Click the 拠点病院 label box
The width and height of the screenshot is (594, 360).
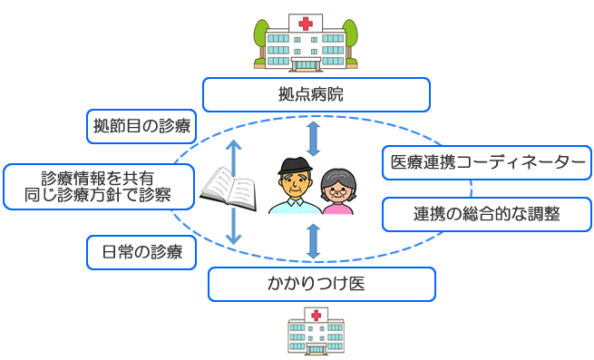pos(316,94)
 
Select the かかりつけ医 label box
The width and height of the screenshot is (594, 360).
pos(322,284)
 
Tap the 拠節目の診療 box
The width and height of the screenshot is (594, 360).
pos(141,127)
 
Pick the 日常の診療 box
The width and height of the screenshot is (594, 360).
pos(141,252)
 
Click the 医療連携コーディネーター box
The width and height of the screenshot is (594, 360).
pos(487,162)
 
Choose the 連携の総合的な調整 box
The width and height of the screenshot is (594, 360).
pos(487,214)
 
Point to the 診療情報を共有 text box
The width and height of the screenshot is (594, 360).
pos(99,187)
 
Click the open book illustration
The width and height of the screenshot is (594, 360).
pos(228,189)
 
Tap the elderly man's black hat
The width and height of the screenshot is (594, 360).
pos(295,166)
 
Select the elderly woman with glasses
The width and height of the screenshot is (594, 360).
pos(337,191)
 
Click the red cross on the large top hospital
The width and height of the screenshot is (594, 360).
pos(306,24)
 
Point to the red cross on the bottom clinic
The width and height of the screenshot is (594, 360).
pos(316,315)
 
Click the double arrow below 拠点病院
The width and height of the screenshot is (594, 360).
pos(313,139)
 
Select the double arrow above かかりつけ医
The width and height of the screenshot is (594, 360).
pos(313,241)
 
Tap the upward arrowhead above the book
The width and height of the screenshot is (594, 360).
pos(234,145)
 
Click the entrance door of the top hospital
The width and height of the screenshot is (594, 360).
pos(306,64)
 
